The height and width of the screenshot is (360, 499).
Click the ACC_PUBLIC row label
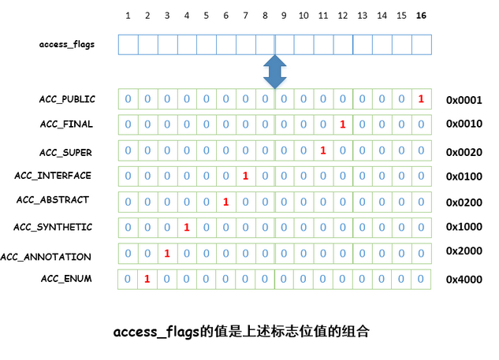pos(67,99)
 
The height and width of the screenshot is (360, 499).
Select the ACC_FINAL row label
pos(66,124)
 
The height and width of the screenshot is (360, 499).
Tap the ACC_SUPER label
pos(65,151)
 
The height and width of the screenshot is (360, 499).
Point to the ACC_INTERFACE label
pos(53,176)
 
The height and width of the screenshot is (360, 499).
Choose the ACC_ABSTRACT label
pos(53,200)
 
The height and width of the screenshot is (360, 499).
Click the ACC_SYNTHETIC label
pos(53,227)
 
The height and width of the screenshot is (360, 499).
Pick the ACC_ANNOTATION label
pos(46,257)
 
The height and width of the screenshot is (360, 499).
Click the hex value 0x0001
pos(464,100)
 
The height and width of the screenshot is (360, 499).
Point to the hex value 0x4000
pos(464,280)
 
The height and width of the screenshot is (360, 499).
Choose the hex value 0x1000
pos(464,227)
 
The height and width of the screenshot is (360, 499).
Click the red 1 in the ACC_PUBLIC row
pos(421,99)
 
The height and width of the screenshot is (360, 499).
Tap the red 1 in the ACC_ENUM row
pos(147,279)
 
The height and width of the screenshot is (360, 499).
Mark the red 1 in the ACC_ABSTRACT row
pos(225,202)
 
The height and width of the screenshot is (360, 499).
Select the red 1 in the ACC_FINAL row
pos(342,125)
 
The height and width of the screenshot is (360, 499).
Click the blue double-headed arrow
pos(274,71)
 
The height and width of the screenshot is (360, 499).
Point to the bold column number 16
pos(421,16)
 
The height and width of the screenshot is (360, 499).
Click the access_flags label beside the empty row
pos(67,44)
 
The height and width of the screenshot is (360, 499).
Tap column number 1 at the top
pos(128,16)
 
